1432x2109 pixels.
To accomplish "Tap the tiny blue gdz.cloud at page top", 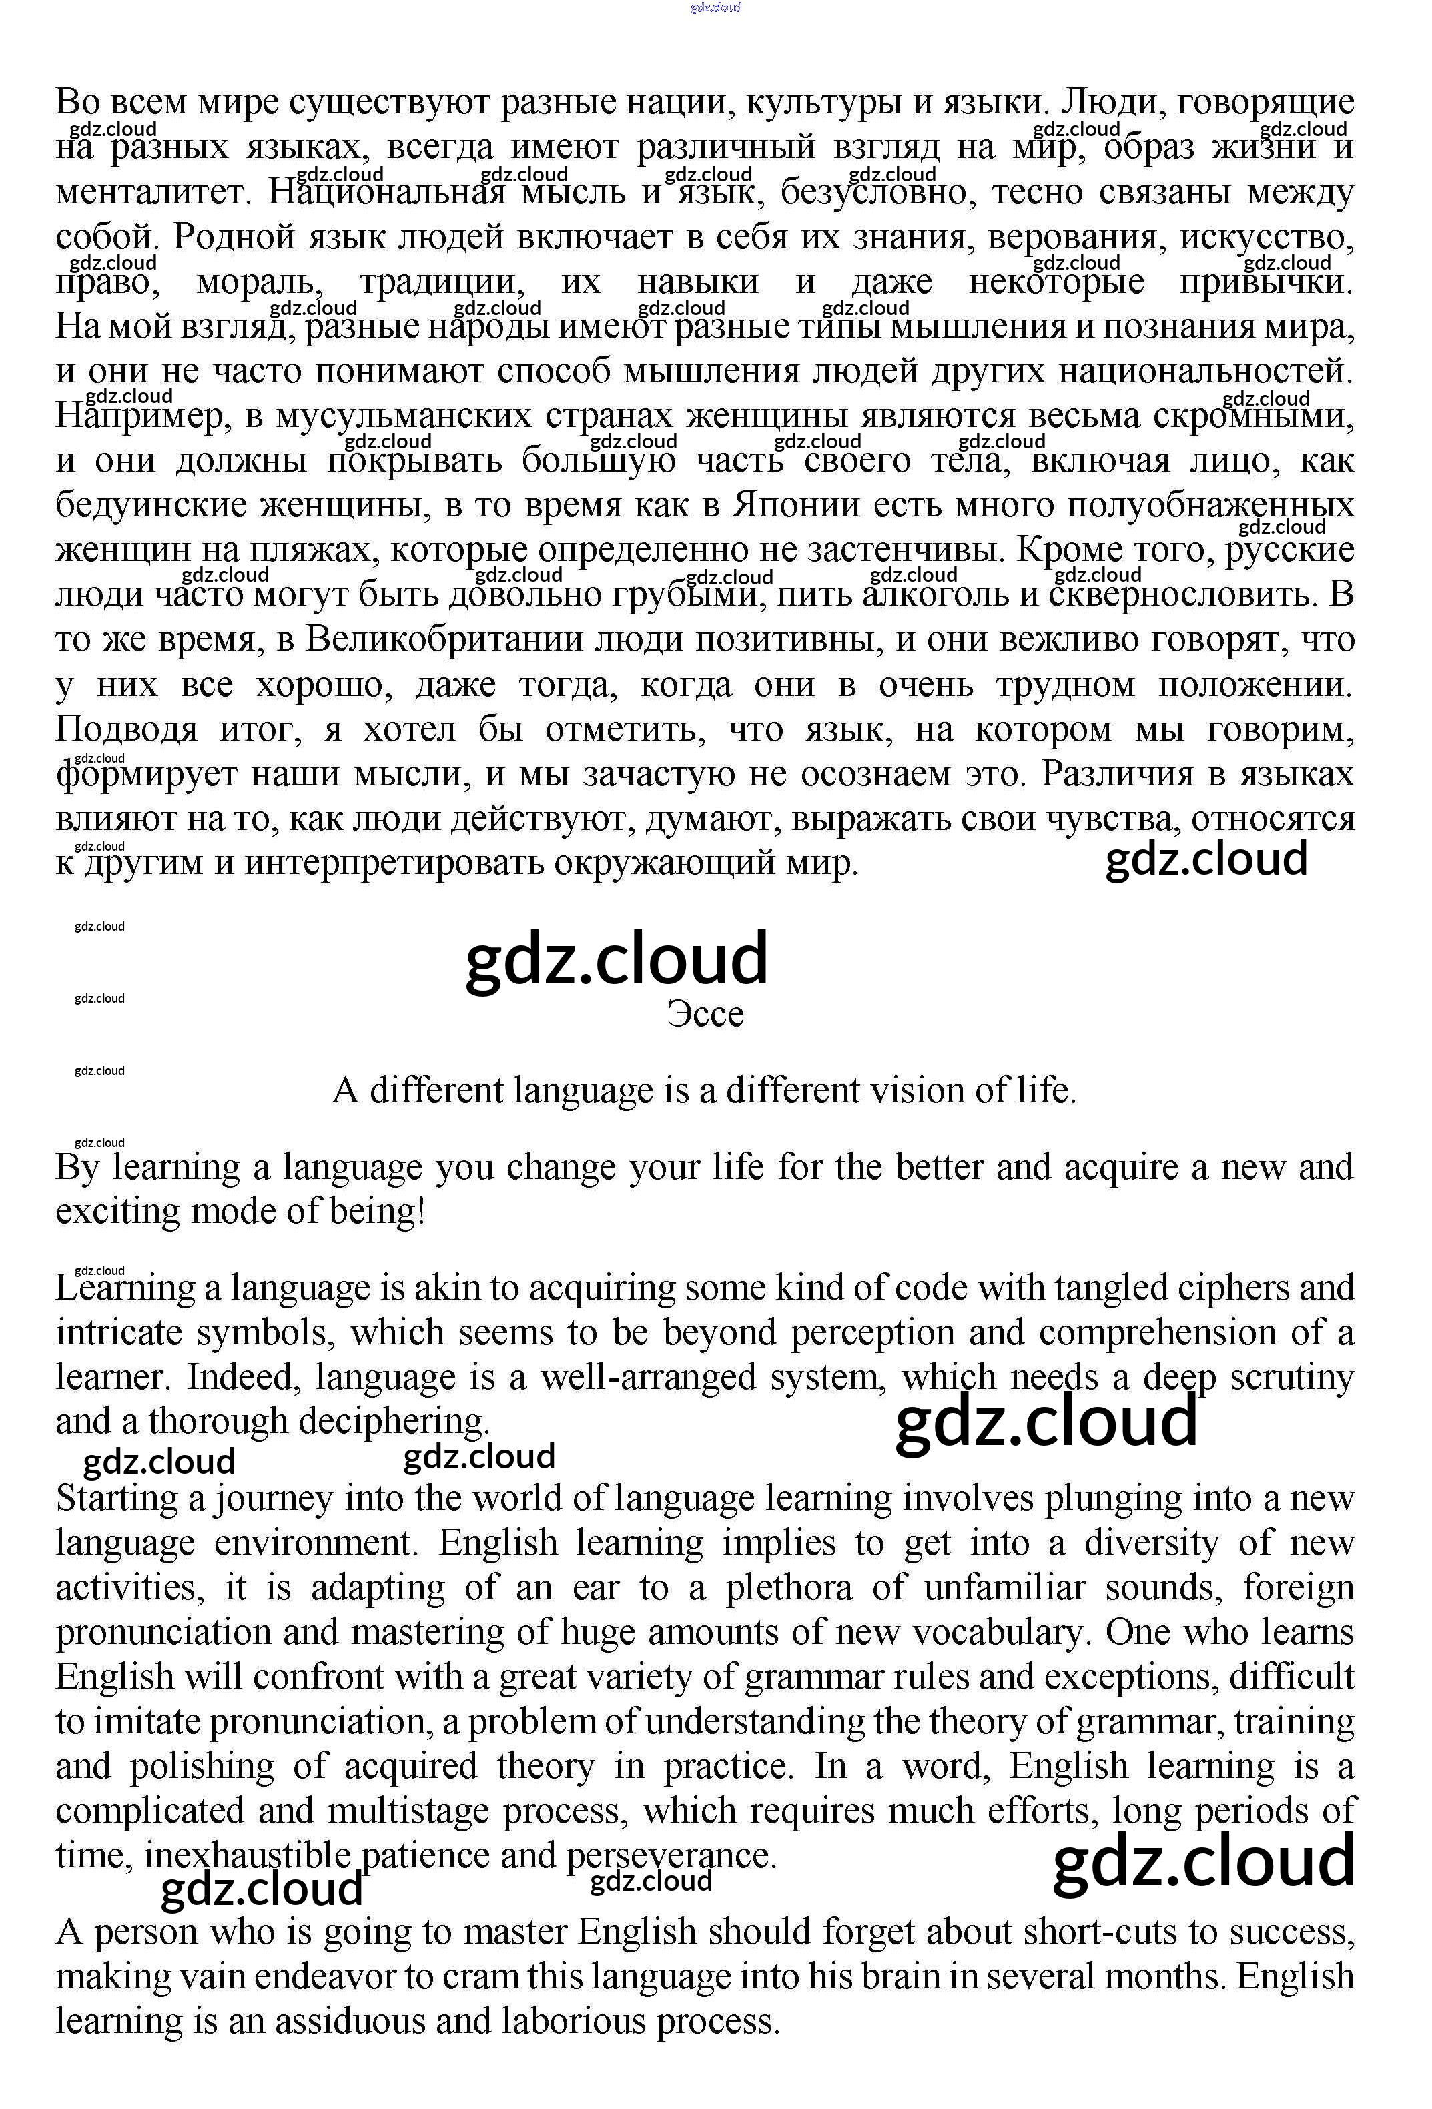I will click(x=715, y=7).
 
